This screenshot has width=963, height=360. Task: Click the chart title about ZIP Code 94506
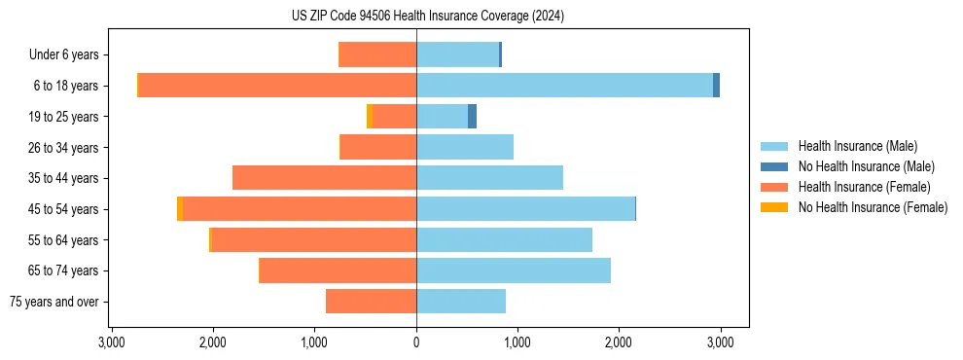click(427, 17)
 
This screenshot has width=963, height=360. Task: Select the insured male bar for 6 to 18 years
click(564, 86)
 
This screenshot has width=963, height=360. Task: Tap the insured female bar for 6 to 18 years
click(277, 86)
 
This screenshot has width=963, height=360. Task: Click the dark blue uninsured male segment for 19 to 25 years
click(472, 117)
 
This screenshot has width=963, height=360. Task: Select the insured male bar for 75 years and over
click(461, 302)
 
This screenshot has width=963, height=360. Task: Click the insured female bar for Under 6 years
click(377, 54)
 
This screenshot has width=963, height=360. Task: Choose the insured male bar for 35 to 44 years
click(489, 178)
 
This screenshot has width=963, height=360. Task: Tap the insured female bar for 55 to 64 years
click(314, 240)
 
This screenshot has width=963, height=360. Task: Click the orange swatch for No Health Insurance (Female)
click(773, 207)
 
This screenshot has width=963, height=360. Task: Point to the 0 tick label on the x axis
click(416, 342)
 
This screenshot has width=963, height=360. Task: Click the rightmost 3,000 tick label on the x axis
click(720, 342)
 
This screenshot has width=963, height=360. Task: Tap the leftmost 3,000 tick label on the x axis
click(112, 342)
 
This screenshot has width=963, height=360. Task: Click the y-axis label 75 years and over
click(54, 302)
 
